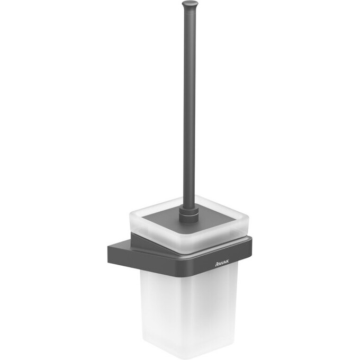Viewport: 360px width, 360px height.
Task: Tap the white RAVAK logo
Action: (x=222, y=264)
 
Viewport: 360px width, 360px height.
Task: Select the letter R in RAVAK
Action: (x=217, y=265)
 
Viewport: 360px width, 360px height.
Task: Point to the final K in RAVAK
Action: (x=227, y=263)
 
